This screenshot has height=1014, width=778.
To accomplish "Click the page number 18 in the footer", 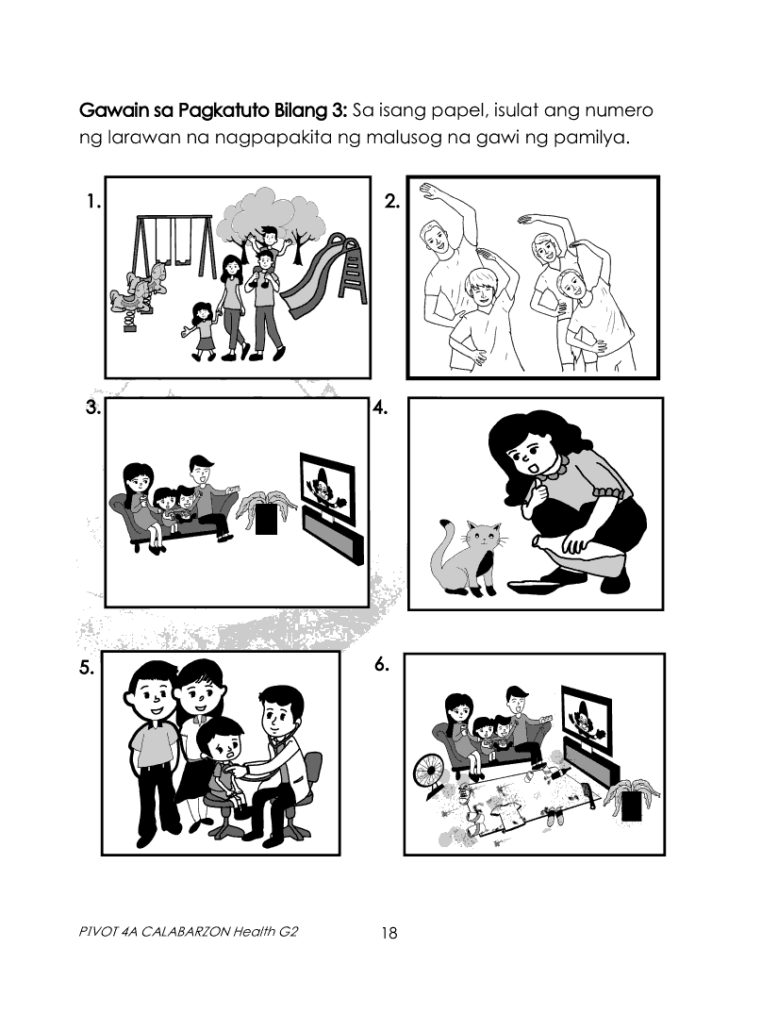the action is point(389,933).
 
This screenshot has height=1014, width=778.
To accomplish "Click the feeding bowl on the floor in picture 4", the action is point(536,587).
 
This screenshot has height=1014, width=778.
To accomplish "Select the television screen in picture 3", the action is point(327,489).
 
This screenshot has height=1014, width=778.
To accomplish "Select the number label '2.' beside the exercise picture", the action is point(392,202).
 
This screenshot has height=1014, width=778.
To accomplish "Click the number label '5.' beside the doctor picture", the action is point(87,668).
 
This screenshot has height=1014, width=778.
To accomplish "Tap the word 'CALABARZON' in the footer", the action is point(187,931).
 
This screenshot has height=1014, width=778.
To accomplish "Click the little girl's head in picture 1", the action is point(202,311).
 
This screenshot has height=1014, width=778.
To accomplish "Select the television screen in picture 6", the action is point(587,720).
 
